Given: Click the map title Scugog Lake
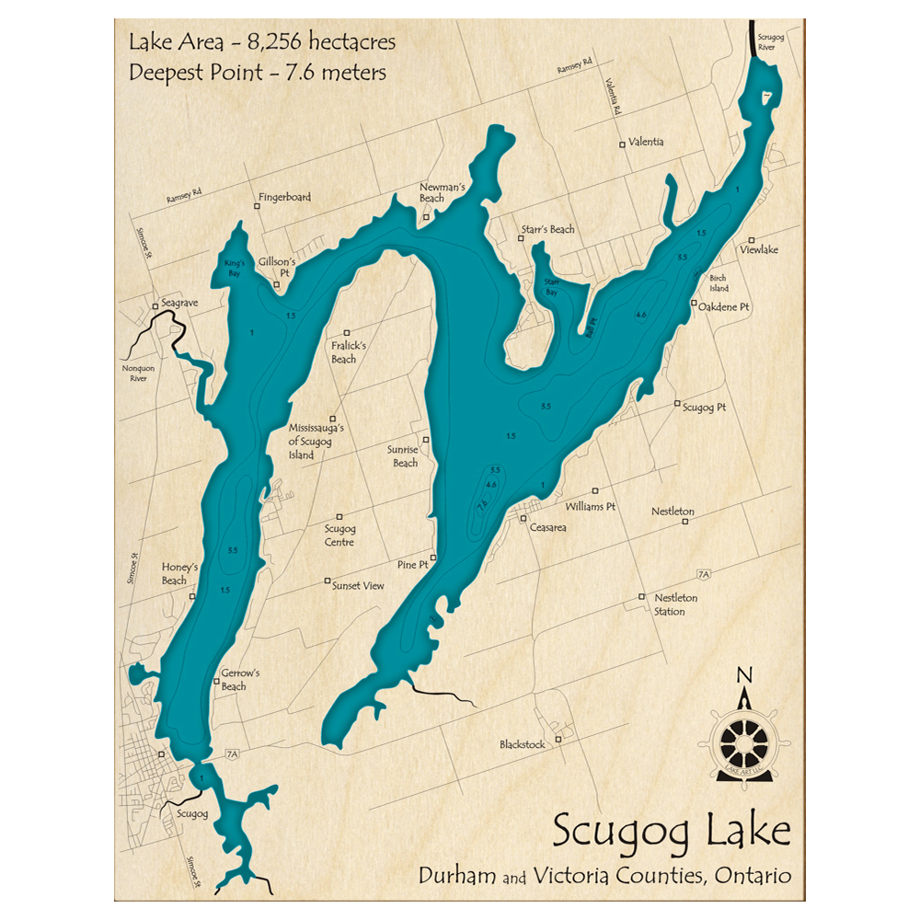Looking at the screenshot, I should [671, 833].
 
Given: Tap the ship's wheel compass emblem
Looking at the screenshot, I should [742, 738].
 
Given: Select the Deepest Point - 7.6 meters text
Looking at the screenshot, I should [258, 72].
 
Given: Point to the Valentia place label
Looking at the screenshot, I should [646, 143].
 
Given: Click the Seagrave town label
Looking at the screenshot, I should [179, 303].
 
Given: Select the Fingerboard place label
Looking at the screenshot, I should [284, 197].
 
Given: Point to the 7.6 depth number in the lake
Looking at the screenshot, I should [481, 505].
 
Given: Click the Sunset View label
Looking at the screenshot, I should [358, 585].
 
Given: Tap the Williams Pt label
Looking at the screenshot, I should [591, 506].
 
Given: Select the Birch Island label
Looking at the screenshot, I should [718, 282].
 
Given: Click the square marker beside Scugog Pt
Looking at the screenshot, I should [678, 404].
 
